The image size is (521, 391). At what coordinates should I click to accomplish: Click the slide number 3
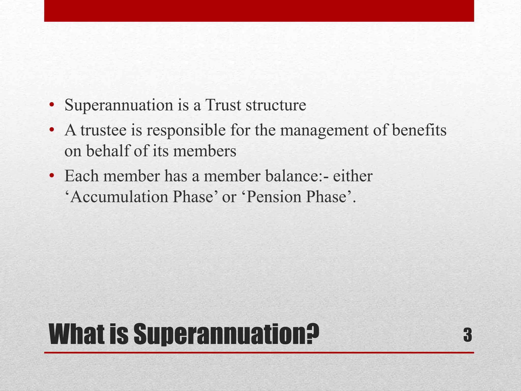pyautogui.click(x=468, y=335)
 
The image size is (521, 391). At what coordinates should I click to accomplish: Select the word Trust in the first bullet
pyautogui.click(x=223, y=105)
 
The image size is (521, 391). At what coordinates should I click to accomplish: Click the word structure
pyautogui.click(x=276, y=105)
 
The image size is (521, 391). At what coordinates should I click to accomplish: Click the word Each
pyautogui.click(x=81, y=176)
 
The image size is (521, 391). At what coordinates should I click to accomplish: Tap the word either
pyautogui.click(x=353, y=176)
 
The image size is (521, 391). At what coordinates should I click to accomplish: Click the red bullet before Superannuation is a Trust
pyautogui.click(x=52, y=105)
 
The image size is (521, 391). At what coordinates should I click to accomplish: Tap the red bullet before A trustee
pyautogui.click(x=52, y=131)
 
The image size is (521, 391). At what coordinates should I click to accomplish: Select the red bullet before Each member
pyautogui.click(x=52, y=176)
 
